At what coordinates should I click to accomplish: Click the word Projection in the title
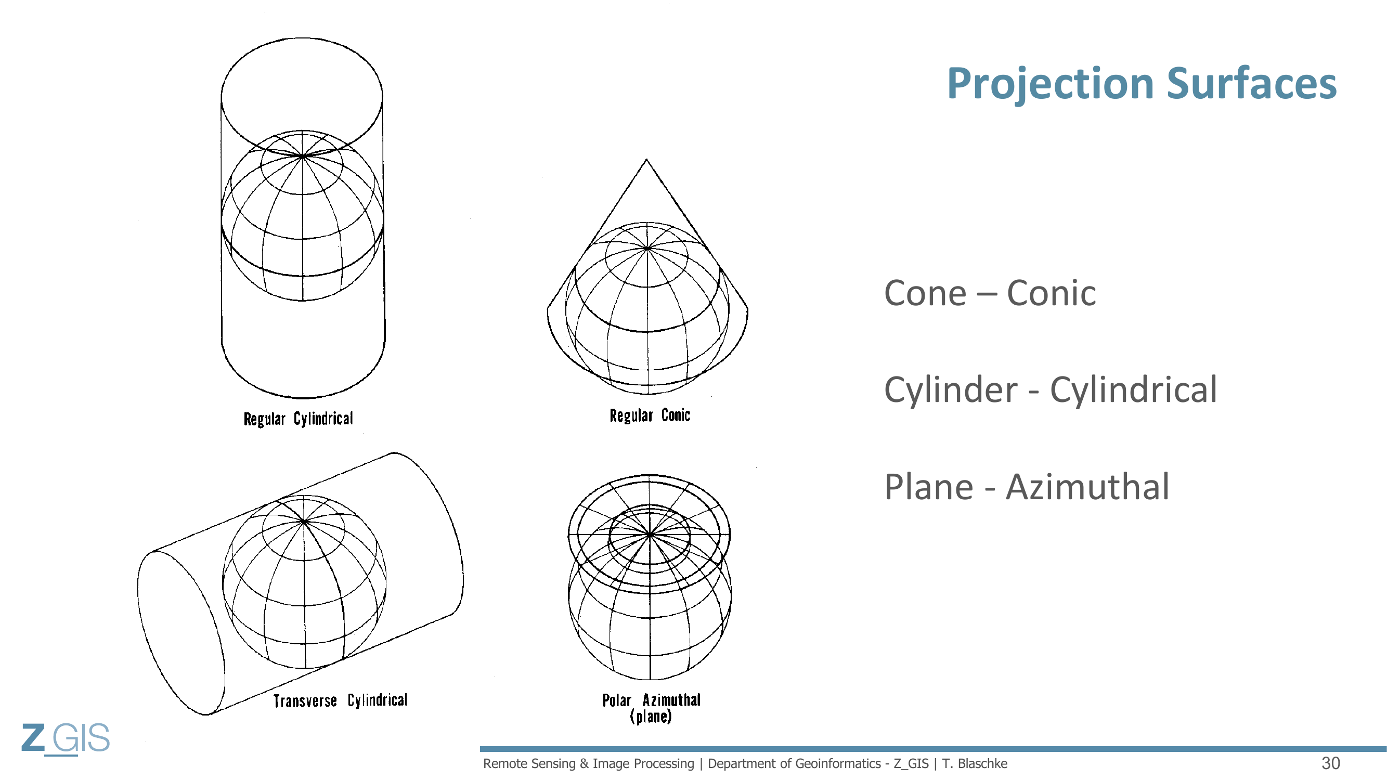(1051, 85)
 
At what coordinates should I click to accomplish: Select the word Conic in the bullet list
(1051, 293)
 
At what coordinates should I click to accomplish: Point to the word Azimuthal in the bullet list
(1087, 487)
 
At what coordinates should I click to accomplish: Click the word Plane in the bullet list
(929, 487)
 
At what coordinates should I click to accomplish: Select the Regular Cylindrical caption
(299, 419)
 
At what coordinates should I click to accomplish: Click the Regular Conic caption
(650, 415)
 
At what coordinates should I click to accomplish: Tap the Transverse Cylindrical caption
(340, 700)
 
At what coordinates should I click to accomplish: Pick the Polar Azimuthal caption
(652, 700)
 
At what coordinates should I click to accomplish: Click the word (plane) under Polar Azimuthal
(651, 717)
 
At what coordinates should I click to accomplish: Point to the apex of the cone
(646, 159)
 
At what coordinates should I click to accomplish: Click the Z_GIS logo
(66, 739)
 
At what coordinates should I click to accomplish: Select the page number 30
(1330, 763)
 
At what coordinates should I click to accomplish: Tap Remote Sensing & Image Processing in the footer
(589, 764)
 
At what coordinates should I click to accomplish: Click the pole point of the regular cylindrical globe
(303, 156)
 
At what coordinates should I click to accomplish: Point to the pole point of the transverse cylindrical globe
(304, 522)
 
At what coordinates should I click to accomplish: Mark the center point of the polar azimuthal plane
(650, 535)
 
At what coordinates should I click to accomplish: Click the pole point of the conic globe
(646, 248)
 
